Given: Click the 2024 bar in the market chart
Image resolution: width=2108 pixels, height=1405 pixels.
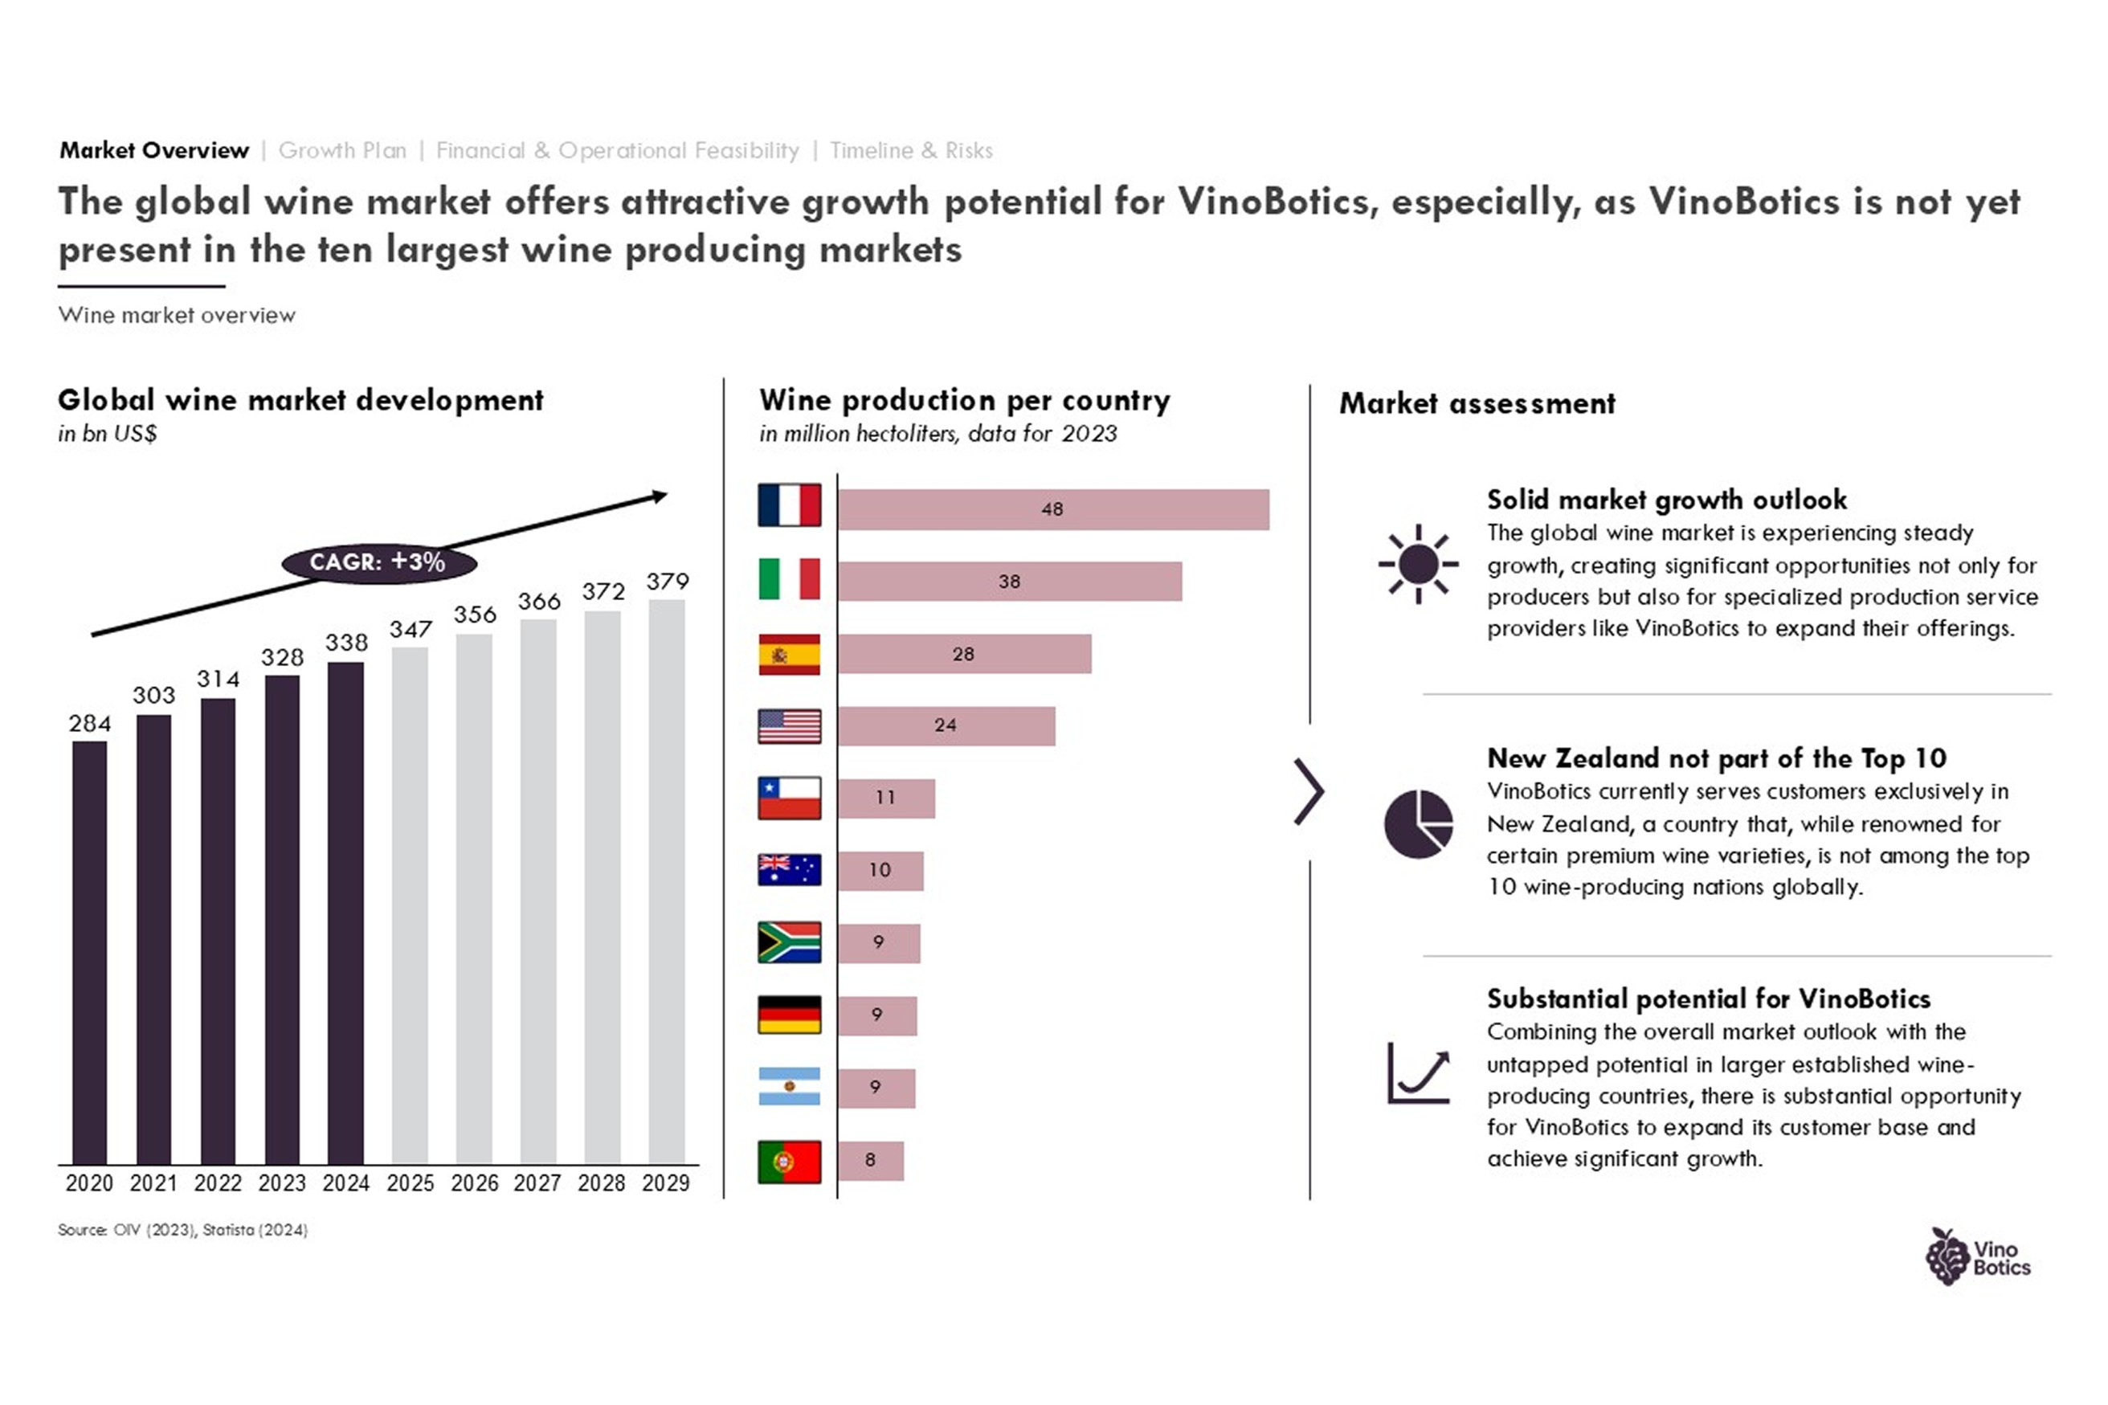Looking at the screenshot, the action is click(345, 913).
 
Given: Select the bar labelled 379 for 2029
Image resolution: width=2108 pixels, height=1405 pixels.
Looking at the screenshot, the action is click(667, 882).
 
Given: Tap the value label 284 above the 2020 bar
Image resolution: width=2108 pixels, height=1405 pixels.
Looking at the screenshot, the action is click(90, 723).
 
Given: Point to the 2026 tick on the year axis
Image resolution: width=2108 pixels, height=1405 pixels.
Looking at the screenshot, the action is click(474, 1182).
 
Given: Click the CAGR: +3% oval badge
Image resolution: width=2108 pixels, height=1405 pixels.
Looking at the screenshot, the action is click(379, 562).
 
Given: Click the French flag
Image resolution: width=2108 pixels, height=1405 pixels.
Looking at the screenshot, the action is click(789, 505).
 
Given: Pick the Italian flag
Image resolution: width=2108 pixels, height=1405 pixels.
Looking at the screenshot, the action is click(789, 579).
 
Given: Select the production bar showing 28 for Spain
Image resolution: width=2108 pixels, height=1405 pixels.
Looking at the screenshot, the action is click(965, 654).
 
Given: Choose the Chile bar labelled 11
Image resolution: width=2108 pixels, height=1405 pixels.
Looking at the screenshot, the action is click(887, 798).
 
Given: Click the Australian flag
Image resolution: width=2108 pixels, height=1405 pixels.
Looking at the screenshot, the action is click(789, 869).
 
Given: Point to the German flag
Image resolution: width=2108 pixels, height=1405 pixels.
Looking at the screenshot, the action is click(789, 1015).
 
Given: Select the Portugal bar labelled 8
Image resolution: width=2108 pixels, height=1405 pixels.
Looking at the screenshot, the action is click(871, 1160).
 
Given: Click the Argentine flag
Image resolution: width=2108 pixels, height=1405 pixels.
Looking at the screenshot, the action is click(789, 1087).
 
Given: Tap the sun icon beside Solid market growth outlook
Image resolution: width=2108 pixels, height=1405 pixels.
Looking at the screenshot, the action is click(1418, 565).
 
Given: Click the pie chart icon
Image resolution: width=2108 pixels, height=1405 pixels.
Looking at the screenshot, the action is click(1418, 823).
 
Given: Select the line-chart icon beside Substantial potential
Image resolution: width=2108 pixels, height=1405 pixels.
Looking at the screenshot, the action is click(1418, 1072).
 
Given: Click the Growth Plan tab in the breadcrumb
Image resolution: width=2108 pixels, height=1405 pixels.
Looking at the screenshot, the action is click(342, 150).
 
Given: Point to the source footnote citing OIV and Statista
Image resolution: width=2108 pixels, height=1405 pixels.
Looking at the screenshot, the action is click(182, 1230).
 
